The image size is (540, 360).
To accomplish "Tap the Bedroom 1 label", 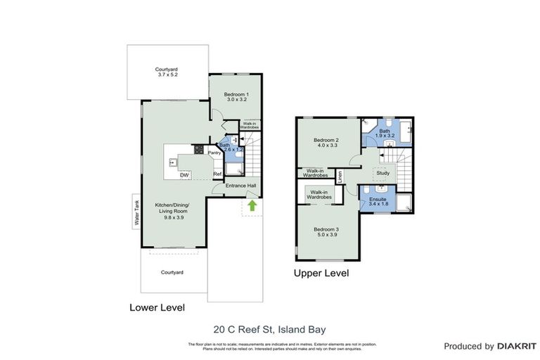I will [x=236, y=97].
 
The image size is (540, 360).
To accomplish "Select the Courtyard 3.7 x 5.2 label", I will [x=167, y=72].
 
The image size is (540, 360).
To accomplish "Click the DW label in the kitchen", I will [x=184, y=174].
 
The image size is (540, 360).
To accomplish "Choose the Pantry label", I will [x=215, y=152].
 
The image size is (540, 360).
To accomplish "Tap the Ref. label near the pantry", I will [x=218, y=174].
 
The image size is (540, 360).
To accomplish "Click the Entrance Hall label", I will [x=240, y=186].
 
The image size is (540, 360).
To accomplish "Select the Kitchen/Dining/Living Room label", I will [x=172, y=211].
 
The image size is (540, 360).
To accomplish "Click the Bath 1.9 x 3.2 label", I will [x=384, y=134].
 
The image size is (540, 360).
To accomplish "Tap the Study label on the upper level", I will [x=383, y=172].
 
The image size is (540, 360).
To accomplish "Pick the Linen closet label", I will [x=340, y=176].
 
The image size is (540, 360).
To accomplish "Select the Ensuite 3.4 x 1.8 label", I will [x=378, y=202].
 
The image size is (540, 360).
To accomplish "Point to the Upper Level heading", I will [x=321, y=273].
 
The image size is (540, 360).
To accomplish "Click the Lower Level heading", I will [x=157, y=307].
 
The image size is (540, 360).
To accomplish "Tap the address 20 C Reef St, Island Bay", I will [x=269, y=328].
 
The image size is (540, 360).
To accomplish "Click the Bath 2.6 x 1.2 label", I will [x=229, y=147].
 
